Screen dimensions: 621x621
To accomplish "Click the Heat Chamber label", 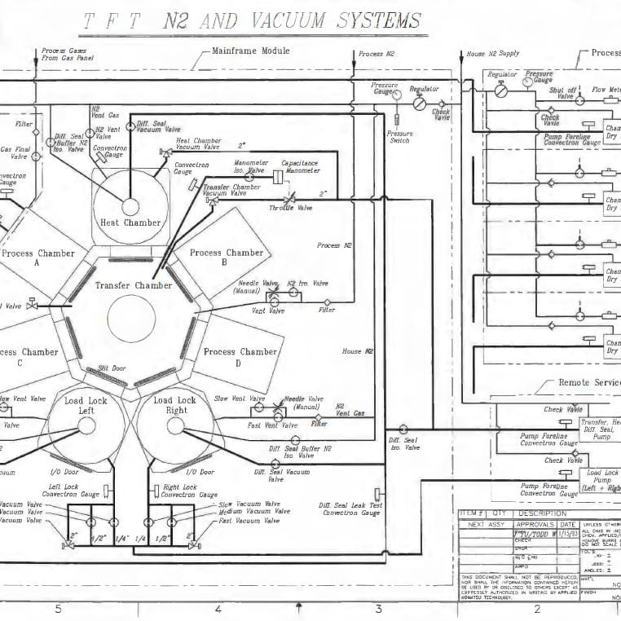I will point(130,222).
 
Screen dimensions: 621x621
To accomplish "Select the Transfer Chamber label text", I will point(133,285).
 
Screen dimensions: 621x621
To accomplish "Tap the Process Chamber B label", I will point(227,258).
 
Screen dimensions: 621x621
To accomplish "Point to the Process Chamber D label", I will point(240,357).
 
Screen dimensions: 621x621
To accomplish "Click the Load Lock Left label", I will point(86,405).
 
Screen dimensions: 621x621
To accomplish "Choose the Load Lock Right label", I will point(174,405).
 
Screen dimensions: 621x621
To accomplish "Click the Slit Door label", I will point(112,368).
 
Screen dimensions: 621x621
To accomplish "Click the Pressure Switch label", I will point(399,137).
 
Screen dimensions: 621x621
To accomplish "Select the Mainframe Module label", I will point(250,51).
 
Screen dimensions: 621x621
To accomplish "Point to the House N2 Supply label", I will point(492,54).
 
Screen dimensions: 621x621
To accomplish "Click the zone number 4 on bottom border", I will point(218,608).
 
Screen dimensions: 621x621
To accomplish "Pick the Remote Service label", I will point(589,382).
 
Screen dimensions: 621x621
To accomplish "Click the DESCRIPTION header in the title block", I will point(541,513).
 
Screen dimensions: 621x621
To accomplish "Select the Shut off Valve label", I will point(562,93).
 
